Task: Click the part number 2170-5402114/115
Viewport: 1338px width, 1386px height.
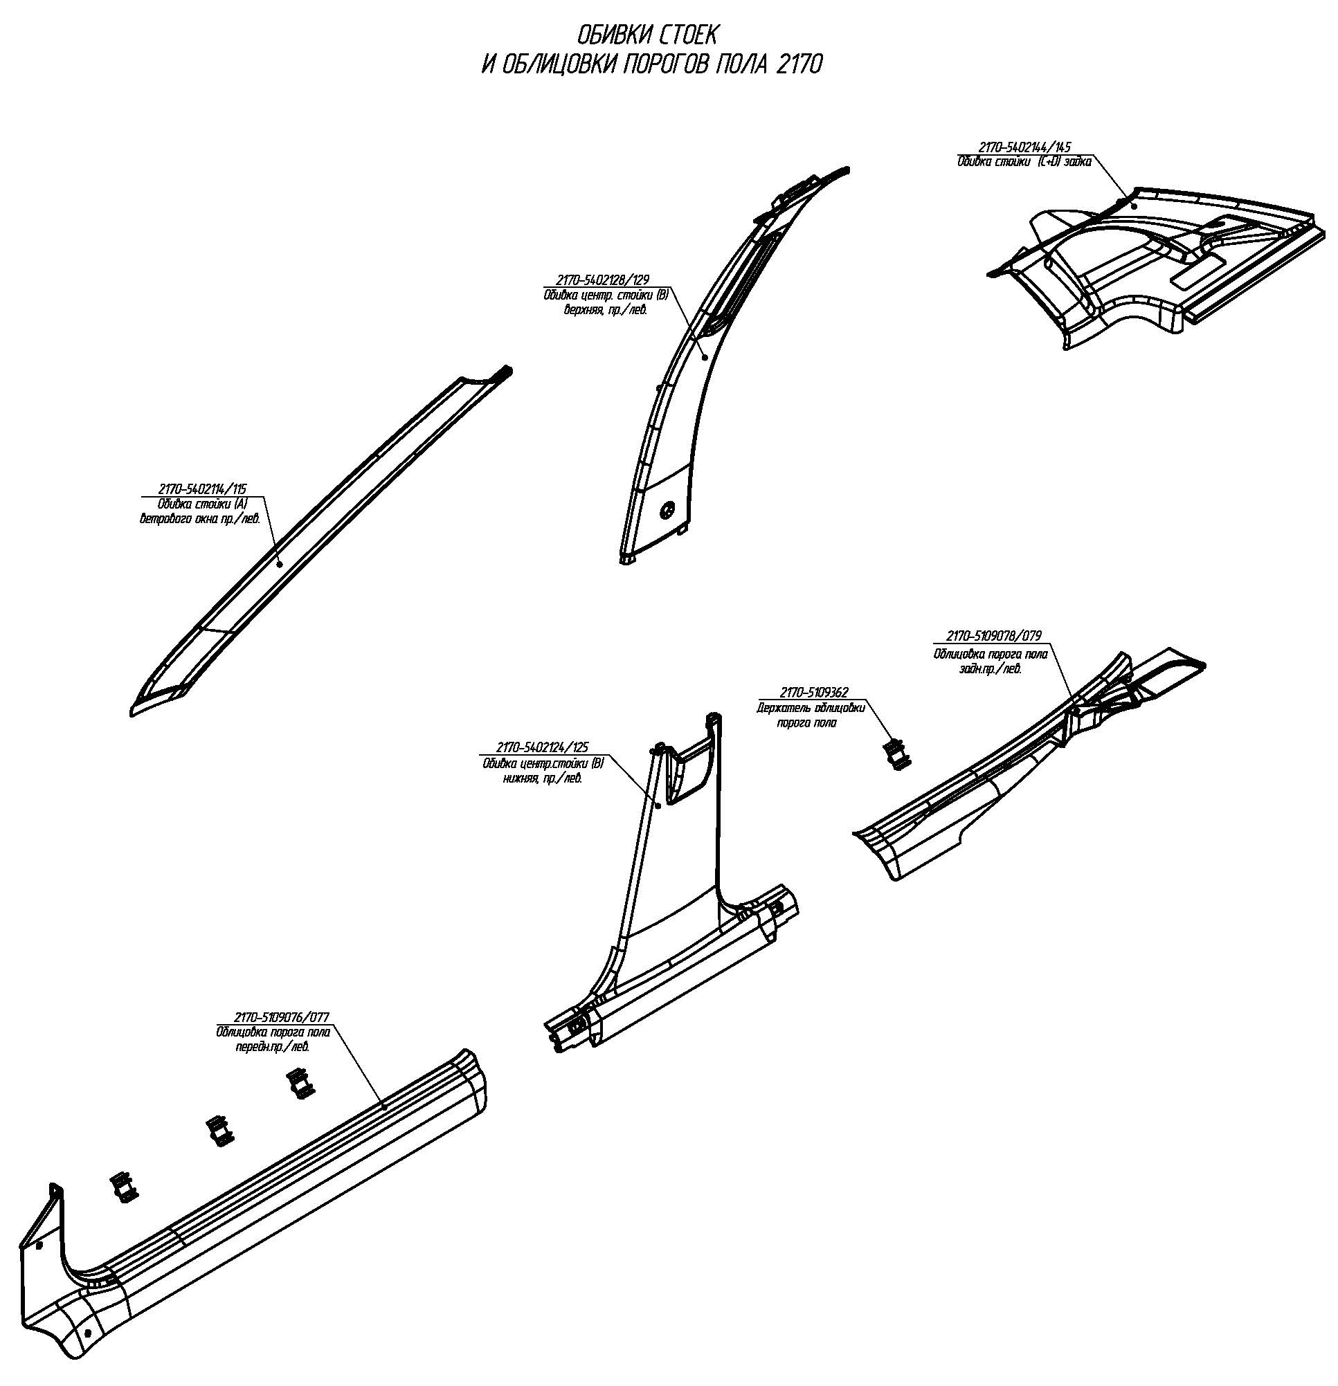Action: [x=202, y=489]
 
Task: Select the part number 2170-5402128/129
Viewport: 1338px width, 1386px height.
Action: [x=602, y=281]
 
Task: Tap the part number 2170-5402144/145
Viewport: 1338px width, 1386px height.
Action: [x=1024, y=147]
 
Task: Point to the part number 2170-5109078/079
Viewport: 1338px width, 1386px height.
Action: [x=992, y=636]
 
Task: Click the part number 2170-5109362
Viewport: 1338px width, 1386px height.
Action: [x=814, y=692]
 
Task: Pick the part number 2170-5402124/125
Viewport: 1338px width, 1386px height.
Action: [x=543, y=747]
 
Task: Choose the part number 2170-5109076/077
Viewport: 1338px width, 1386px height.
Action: [x=282, y=1018]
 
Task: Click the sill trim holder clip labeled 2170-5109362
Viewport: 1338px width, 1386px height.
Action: [x=897, y=754]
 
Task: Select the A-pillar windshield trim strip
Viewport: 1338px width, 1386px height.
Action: [x=321, y=541]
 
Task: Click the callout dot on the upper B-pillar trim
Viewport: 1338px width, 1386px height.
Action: [x=705, y=358]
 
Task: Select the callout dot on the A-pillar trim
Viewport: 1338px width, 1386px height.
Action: [x=280, y=563]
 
